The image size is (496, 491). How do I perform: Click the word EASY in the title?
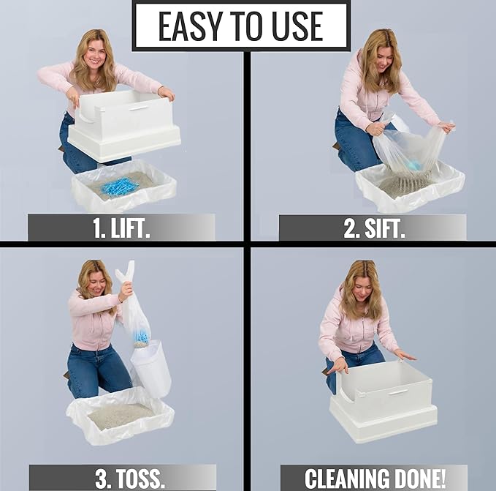coord(188,26)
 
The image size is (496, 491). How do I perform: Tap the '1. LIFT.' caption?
coord(121,228)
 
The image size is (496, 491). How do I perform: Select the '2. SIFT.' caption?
coord(372,228)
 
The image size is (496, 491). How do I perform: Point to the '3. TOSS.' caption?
coord(122,478)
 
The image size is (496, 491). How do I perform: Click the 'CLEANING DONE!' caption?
coord(373,478)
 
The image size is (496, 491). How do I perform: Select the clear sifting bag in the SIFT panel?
coord(409,150)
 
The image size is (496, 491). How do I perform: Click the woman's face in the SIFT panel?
coord(381,53)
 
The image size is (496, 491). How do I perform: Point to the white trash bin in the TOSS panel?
coord(151,367)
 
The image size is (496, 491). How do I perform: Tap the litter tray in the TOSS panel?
coord(121,415)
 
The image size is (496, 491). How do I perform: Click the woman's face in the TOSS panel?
coord(99,281)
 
